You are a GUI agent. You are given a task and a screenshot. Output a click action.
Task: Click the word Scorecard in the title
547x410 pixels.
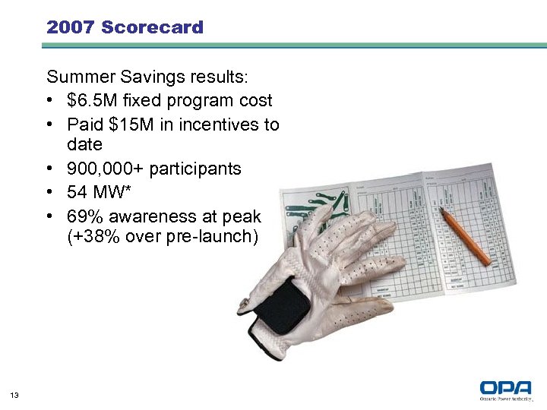click(x=152, y=28)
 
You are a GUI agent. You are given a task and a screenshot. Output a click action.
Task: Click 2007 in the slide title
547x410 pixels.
click(x=71, y=28)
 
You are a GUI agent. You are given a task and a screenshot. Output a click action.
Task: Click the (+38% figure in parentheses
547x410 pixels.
click(x=90, y=236)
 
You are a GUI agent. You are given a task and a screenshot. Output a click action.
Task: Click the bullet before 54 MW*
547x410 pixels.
click(x=50, y=191)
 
